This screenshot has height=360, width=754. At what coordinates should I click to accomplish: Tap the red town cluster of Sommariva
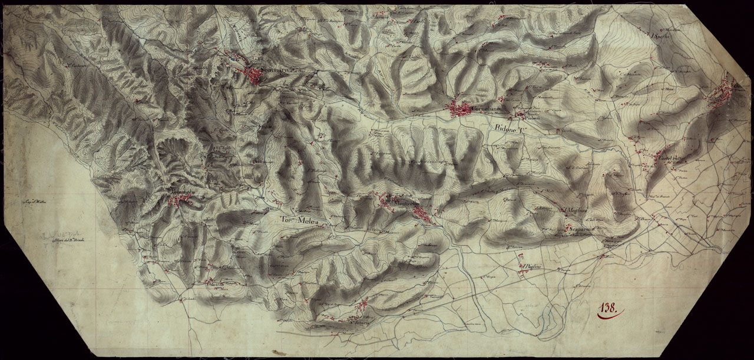(254, 74)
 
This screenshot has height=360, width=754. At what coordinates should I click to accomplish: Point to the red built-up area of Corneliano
(459, 109)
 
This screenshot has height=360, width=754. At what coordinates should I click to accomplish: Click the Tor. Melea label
(299, 221)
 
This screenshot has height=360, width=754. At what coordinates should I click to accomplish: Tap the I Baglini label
(530, 269)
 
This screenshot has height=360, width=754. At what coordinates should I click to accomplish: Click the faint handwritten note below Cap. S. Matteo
(65, 238)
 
